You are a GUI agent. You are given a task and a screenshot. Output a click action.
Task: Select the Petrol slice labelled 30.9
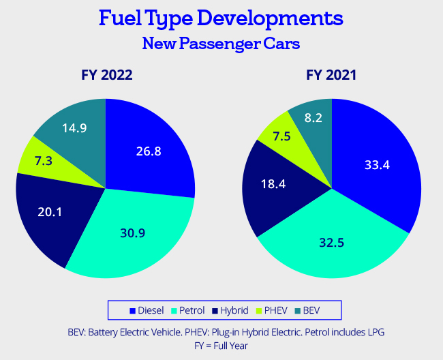click(133, 232)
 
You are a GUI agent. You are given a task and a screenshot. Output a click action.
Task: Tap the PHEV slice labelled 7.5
click(279, 136)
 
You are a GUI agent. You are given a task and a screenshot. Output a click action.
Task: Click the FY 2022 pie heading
click(104, 75)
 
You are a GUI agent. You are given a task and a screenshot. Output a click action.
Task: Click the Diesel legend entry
click(147, 310)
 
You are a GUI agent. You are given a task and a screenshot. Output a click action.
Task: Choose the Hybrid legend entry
click(236, 310)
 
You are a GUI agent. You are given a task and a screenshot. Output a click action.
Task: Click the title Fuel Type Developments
click(221, 18)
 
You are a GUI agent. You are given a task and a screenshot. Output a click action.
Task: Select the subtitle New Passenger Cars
click(221, 43)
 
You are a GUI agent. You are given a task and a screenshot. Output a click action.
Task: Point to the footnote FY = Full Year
click(221, 346)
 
